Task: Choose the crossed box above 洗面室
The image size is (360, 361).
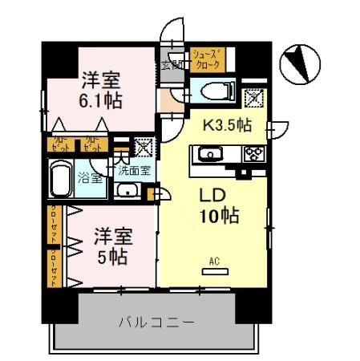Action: click(x=143, y=147)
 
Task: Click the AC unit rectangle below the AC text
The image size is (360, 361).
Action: click(x=213, y=273)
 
